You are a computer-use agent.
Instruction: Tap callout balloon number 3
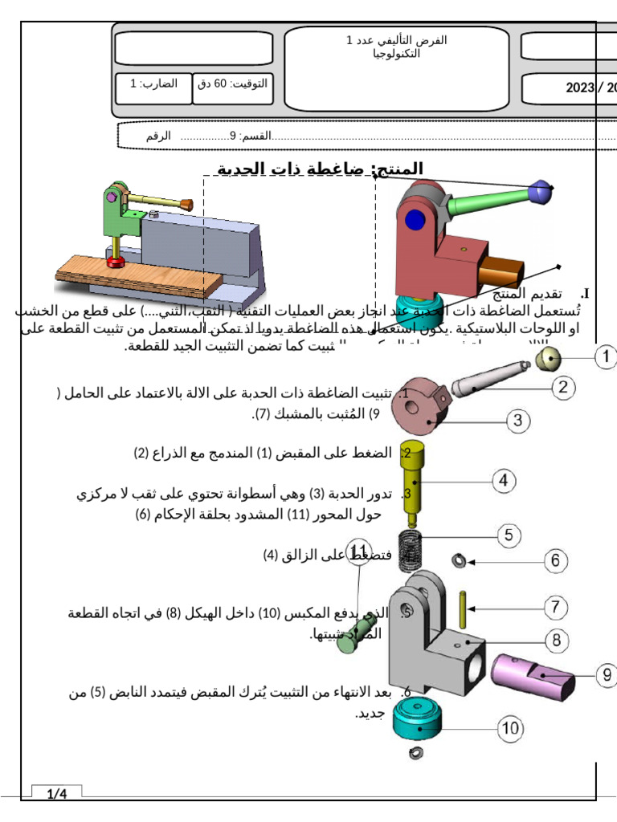(x=519, y=420)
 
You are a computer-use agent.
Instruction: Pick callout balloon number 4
(x=503, y=481)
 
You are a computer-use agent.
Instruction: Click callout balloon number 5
(x=509, y=535)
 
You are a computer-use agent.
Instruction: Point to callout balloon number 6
(x=556, y=560)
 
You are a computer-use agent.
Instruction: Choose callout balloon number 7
(x=556, y=608)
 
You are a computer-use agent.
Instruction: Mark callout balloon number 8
(x=556, y=641)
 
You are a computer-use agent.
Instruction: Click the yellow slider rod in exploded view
(x=415, y=482)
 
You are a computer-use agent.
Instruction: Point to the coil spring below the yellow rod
(x=411, y=543)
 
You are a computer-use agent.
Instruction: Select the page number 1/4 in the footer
(x=57, y=795)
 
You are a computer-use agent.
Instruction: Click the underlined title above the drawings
(x=321, y=169)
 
